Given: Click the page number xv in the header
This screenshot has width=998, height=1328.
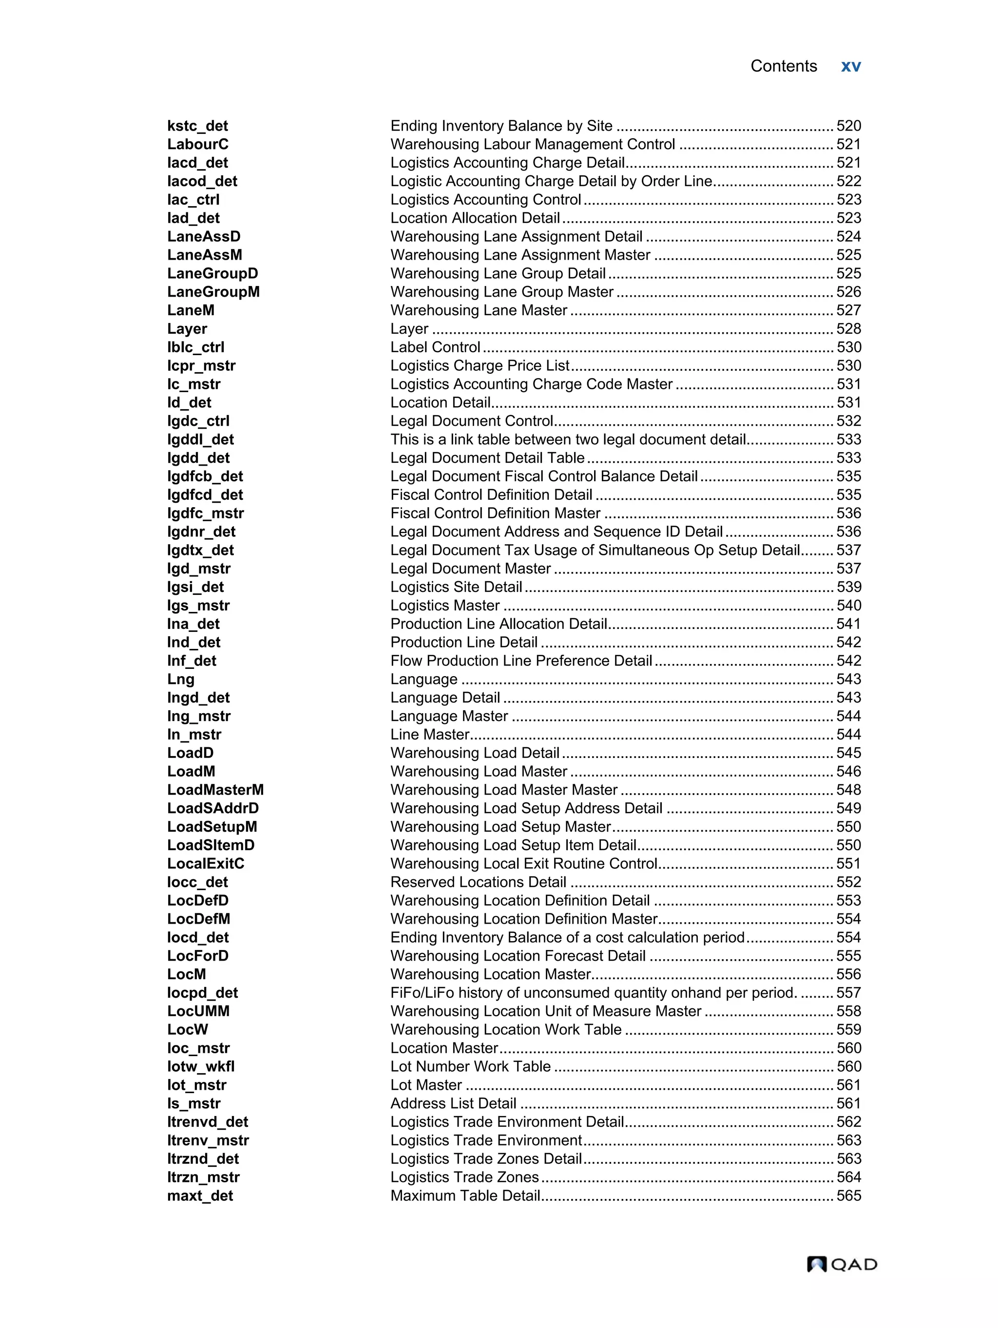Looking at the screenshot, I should click(850, 66).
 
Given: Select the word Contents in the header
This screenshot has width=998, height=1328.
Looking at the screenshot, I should click(783, 66).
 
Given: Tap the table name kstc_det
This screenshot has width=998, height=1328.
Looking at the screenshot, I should click(197, 126).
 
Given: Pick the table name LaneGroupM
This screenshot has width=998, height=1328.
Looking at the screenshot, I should click(213, 292).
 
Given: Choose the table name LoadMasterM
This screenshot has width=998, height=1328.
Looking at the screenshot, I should click(215, 790).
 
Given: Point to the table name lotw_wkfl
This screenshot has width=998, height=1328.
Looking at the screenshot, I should click(201, 1066).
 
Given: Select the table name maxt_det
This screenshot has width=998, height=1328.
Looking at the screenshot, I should click(200, 1195).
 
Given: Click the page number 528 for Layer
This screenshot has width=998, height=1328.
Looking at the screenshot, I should click(848, 329).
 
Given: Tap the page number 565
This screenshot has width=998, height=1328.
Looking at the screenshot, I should click(848, 1195).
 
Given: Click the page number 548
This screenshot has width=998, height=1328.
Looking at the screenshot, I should click(848, 790).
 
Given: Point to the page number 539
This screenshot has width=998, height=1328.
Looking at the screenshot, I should click(848, 587).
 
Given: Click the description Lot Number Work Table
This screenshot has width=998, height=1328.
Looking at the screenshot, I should click(470, 1066).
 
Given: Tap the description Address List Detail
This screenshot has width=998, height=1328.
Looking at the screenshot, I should click(453, 1103).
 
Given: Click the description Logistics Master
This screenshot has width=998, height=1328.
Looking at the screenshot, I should click(445, 605).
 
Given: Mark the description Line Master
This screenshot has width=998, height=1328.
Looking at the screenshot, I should click(429, 734).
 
